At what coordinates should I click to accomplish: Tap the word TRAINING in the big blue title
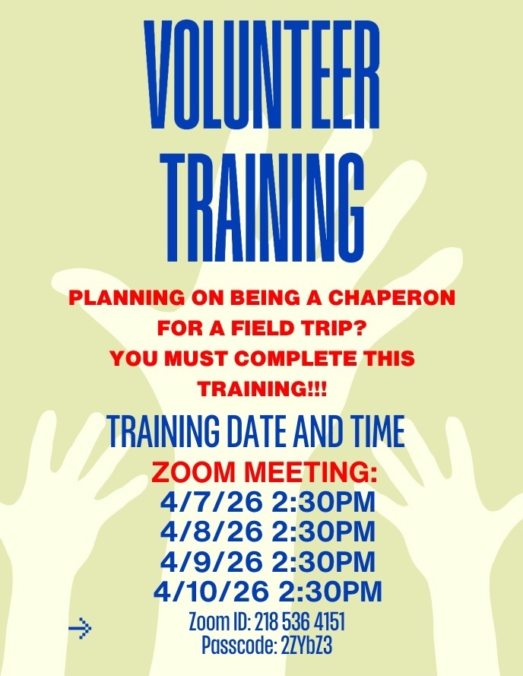(x=261, y=207)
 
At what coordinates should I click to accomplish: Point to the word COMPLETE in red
(x=292, y=358)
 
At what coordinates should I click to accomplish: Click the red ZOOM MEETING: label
(x=264, y=473)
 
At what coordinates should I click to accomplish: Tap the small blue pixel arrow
(x=79, y=628)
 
